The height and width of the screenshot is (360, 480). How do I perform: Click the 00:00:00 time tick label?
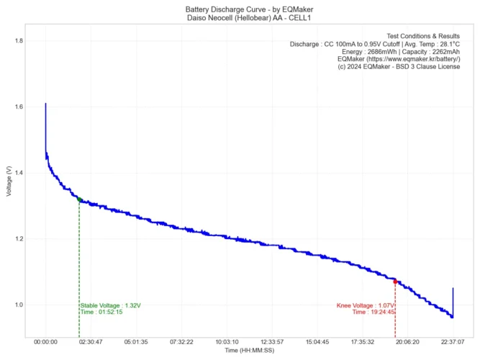[45, 343]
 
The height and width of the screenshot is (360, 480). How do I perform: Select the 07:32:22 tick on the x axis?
[181, 343]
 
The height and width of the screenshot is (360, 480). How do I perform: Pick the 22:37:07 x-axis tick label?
[453, 343]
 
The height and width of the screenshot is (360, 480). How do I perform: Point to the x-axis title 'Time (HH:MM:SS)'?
[249, 351]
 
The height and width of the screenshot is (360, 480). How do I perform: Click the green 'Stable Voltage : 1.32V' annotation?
[111, 305]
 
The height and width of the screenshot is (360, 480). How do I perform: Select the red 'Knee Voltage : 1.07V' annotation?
[365, 305]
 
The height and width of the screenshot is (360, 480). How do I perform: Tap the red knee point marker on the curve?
[395, 282]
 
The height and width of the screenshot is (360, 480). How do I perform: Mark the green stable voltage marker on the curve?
[79, 199]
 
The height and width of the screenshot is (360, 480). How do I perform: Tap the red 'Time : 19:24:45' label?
[373, 312]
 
